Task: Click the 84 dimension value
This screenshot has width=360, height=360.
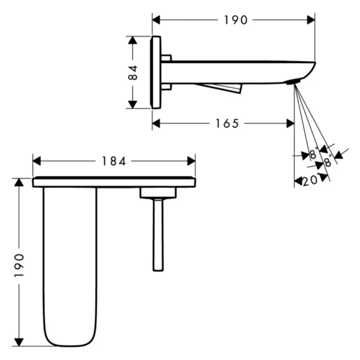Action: tap(133, 72)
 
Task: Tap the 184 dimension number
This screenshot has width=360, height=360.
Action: tap(114, 161)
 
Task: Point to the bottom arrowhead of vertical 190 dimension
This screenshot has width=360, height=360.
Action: tap(19, 341)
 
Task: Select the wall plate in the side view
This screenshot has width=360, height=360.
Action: tap(156, 72)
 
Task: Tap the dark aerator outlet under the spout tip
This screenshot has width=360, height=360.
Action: tap(292, 82)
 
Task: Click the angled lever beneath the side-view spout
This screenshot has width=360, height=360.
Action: tap(221, 88)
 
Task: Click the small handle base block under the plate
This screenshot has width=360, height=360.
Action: tap(158, 193)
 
